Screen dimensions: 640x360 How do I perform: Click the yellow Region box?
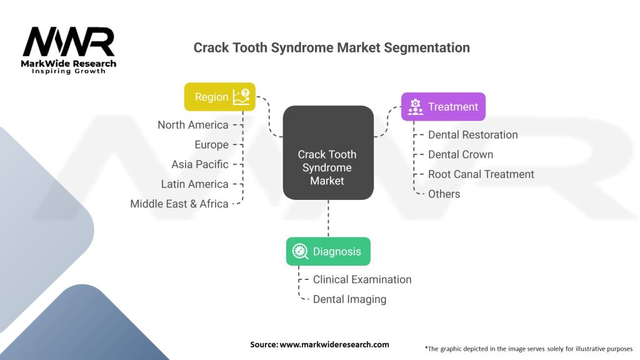tap(219, 97)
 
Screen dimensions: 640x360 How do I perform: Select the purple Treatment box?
tap(443, 106)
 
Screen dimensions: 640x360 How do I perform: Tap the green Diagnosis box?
tap(328, 251)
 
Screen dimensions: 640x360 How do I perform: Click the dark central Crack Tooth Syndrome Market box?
tap(328, 152)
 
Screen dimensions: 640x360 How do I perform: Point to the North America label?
tap(193, 125)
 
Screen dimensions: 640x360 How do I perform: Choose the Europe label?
tap(211, 145)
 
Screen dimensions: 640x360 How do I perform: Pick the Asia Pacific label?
tap(200, 164)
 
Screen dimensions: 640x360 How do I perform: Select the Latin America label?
tap(195, 184)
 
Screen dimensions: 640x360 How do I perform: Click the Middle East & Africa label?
tap(179, 204)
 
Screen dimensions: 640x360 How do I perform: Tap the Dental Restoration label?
tap(472, 135)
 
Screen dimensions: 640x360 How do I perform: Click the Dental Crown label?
tap(461, 155)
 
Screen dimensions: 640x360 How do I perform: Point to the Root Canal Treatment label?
tap(481, 174)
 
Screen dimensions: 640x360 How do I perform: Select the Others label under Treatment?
tap(444, 194)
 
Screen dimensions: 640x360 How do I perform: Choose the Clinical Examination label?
tap(362, 279)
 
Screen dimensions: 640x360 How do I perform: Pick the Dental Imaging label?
tap(349, 299)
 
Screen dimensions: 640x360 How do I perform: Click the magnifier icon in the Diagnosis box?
tap(300, 251)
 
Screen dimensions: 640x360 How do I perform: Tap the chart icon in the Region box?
tap(241, 97)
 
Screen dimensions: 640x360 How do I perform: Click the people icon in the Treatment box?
tap(416, 107)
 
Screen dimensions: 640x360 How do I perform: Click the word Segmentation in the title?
tap(427, 47)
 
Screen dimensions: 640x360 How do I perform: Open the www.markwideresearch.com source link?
tap(334, 344)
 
